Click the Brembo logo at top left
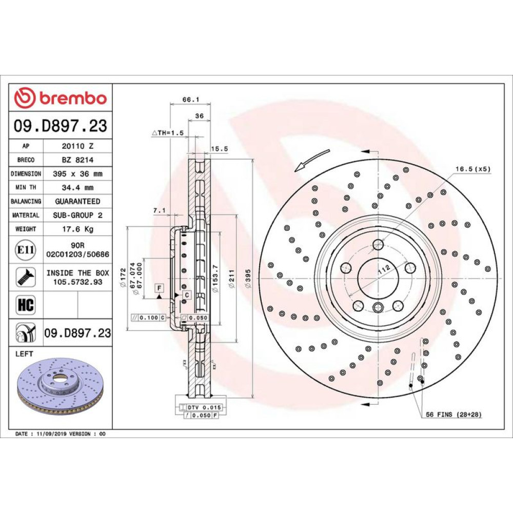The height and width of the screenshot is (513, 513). (x=61, y=97)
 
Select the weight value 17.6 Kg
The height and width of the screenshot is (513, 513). (x=78, y=229)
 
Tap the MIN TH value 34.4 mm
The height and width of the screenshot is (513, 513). (x=78, y=187)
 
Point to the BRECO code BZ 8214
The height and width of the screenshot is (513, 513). (x=78, y=160)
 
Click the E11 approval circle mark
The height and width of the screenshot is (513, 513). (x=26, y=250)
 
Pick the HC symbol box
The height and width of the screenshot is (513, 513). (x=26, y=305)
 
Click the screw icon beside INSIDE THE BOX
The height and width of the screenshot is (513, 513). (x=26, y=277)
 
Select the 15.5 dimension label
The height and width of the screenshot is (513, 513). (x=219, y=149)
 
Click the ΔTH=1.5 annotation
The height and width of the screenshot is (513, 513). (x=168, y=133)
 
